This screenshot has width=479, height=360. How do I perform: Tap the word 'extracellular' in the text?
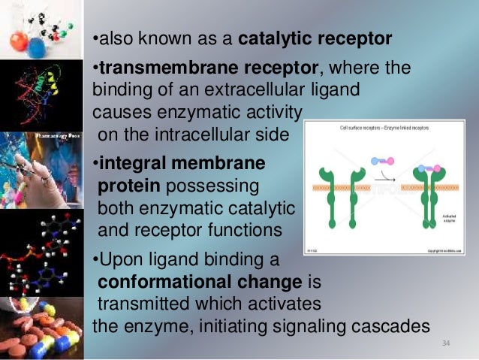250,89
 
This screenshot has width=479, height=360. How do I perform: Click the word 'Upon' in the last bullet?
119,262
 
